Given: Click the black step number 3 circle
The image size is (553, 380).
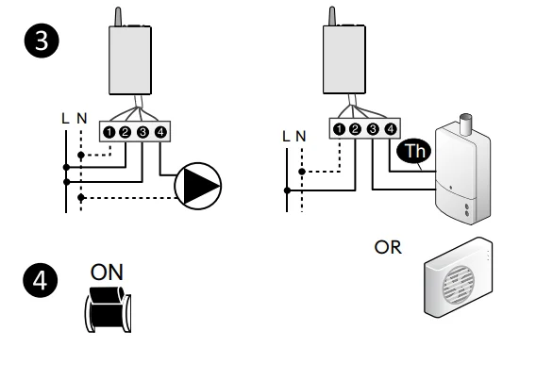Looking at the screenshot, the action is click(x=42, y=41).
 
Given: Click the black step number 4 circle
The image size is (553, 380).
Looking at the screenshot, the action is click(x=41, y=281).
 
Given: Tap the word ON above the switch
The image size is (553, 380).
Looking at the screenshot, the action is click(x=107, y=273).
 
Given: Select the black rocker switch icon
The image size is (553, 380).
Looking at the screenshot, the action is click(x=108, y=309).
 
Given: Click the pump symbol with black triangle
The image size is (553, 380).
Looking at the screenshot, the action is click(x=198, y=186).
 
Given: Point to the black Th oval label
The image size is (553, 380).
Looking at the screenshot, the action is click(x=414, y=151).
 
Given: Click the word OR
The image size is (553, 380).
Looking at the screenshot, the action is click(x=388, y=247).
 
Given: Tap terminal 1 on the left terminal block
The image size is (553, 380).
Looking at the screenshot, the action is click(x=109, y=132).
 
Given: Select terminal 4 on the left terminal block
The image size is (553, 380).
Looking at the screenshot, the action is click(x=160, y=132).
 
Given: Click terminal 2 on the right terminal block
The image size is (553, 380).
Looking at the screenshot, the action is click(x=355, y=129).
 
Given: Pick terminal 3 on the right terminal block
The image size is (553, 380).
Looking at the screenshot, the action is click(x=373, y=129).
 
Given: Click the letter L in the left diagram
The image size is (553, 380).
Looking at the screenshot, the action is click(x=65, y=119).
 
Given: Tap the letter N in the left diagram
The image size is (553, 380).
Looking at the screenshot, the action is click(x=82, y=119).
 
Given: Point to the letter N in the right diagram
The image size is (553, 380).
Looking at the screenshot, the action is click(x=301, y=137).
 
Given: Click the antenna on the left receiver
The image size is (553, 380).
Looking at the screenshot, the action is click(x=119, y=17).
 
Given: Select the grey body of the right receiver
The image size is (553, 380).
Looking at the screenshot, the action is click(x=344, y=59).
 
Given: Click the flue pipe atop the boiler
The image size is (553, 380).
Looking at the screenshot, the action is click(x=466, y=124).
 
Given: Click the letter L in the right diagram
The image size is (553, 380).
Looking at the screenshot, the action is click(x=286, y=137).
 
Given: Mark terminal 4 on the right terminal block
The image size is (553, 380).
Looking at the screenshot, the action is click(x=390, y=129).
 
